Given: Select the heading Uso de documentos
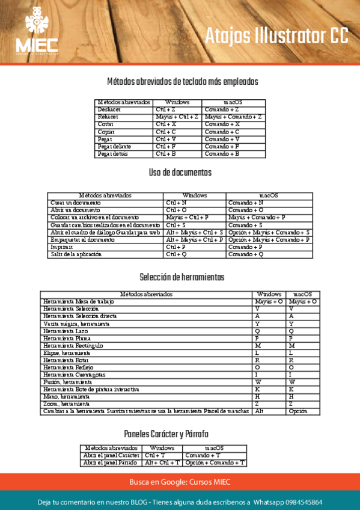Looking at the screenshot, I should tap(180, 173).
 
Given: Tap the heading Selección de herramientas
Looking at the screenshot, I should tap(182, 277).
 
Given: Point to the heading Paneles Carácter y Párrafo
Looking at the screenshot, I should tap(166, 434).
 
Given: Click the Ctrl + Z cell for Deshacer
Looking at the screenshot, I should tap(165, 110).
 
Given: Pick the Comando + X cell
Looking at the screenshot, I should tap(222, 124).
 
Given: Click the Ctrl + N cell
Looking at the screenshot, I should tap(176, 203).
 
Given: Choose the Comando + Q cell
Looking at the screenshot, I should tap(246, 254).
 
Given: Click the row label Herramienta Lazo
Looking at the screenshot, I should tap(61, 331).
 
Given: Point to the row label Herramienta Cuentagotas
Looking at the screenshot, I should tap(70, 375).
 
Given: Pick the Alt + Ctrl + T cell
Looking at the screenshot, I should tap(162, 462).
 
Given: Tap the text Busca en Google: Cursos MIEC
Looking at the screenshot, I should tap(180, 482).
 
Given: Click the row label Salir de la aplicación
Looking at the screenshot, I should tap(76, 254).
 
